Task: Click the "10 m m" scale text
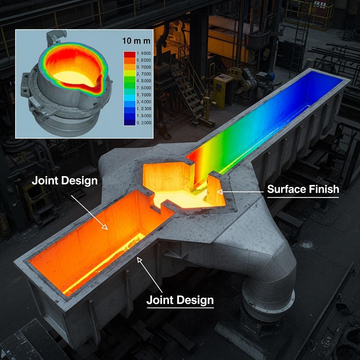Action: pyautogui.click(x=136, y=41)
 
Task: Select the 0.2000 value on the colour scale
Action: pyautogui.click(x=144, y=123)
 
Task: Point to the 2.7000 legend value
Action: pyautogui.click(x=144, y=74)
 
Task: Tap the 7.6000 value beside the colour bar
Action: pyautogui.click(x=144, y=88)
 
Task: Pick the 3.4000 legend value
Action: pyautogui.click(x=144, y=102)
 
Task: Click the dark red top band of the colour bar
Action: pyautogui.click(x=130, y=54)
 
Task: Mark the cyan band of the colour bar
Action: pyautogui.click(x=130, y=98)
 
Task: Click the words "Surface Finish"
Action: pyautogui.click(x=303, y=189)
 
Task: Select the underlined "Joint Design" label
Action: pyautogui.click(x=180, y=300)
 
